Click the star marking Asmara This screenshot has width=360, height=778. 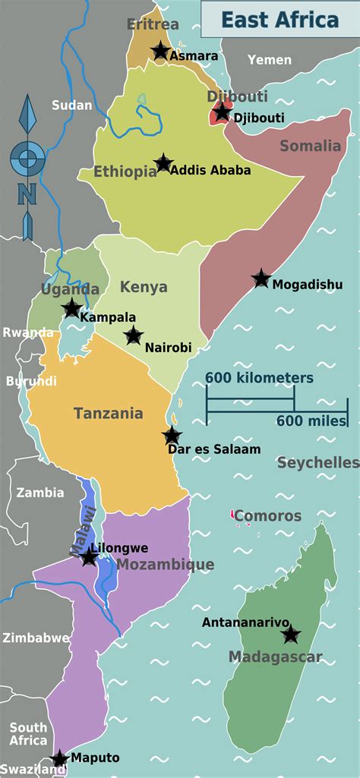point(159,51)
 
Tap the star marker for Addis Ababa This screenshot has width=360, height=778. point(163,163)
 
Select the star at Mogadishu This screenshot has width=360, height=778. point(261,279)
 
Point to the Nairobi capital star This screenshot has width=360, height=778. point(134,335)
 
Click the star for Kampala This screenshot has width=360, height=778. point(71,308)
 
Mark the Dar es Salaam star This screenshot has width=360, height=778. point(172,436)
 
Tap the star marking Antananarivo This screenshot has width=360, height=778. point(291,635)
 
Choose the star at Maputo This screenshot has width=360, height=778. point(59,758)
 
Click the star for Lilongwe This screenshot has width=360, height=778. point(89,558)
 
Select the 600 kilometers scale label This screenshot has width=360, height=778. point(258,378)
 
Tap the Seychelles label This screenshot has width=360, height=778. point(317,462)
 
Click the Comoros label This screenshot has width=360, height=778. point(267,516)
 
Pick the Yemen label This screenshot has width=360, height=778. point(269,60)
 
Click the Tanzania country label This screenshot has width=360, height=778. point(108,414)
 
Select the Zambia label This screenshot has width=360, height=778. point(40,493)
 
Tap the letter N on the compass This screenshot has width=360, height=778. point(27,194)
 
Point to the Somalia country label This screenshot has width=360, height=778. point(311,146)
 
